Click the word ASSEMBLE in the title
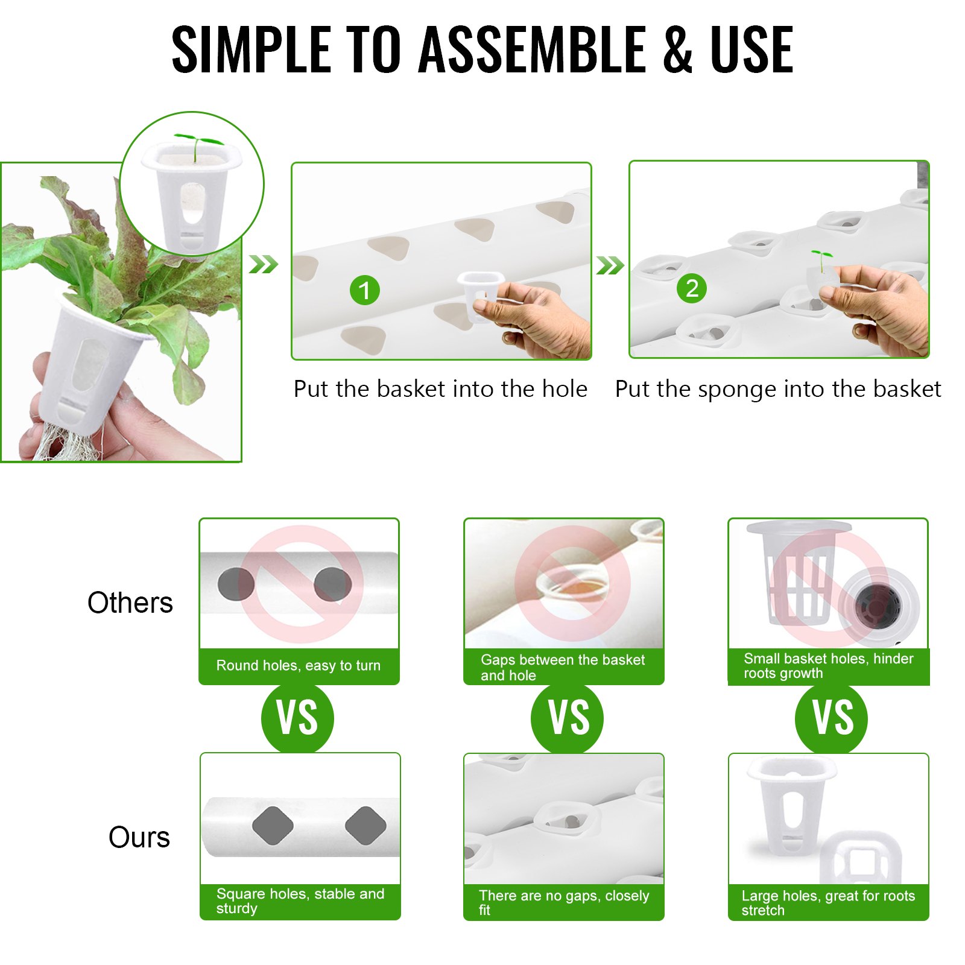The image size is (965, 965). click(x=532, y=49)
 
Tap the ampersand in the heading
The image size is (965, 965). click(x=677, y=49)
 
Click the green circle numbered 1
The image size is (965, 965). click(x=365, y=290)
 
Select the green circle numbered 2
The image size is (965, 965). click(x=692, y=288)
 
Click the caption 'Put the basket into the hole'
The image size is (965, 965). click(x=440, y=389)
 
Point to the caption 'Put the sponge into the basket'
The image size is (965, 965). click(x=778, y=390)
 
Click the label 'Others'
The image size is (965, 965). click(x=130, y=603)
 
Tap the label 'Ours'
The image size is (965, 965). click(x=139, y=837)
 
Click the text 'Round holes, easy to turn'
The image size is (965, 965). click(x=299, y=665)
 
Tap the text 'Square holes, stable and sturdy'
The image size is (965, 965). click(x=300, y=901)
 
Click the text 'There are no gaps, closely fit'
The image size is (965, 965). click(x=564, y=903)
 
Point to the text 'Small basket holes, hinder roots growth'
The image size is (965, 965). click(x=829, y=666)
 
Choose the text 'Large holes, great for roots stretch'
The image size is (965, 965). click(x=828, y=903)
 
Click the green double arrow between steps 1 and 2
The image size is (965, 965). click(x=610, y=265)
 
